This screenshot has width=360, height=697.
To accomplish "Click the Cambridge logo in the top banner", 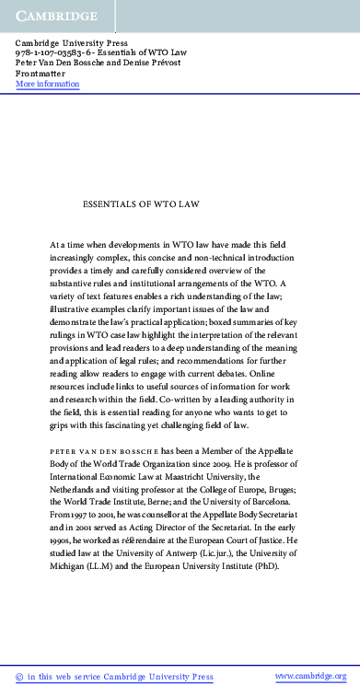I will pyautogui.click(x=54, y=17).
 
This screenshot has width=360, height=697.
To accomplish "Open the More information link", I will pyautogui.click(x=47, y=84).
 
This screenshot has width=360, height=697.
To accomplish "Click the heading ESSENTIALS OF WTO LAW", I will pyautogui.click(x=142, y=203).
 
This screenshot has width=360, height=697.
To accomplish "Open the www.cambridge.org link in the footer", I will pyautogui.click(x=311, y=677).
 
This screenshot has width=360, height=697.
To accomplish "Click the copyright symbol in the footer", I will pyautogui.click(x=20, y=677).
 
